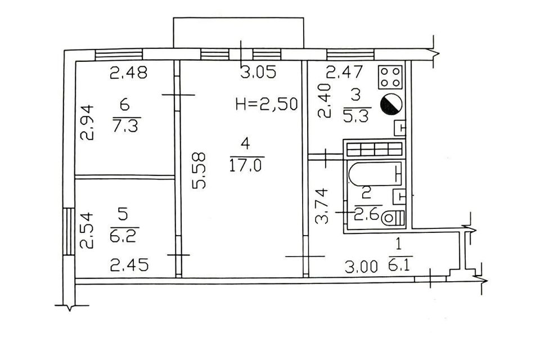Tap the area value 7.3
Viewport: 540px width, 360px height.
(125, 124)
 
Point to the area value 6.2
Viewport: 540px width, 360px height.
(123, 232)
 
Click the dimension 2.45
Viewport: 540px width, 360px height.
(129, 264)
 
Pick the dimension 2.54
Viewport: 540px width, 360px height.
(85, 229)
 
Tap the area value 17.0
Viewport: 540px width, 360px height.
(246, 165)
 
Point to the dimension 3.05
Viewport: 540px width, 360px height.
(258, 73)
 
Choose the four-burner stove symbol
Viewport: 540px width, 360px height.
(390, 78)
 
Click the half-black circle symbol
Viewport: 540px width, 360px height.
(391, 105)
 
